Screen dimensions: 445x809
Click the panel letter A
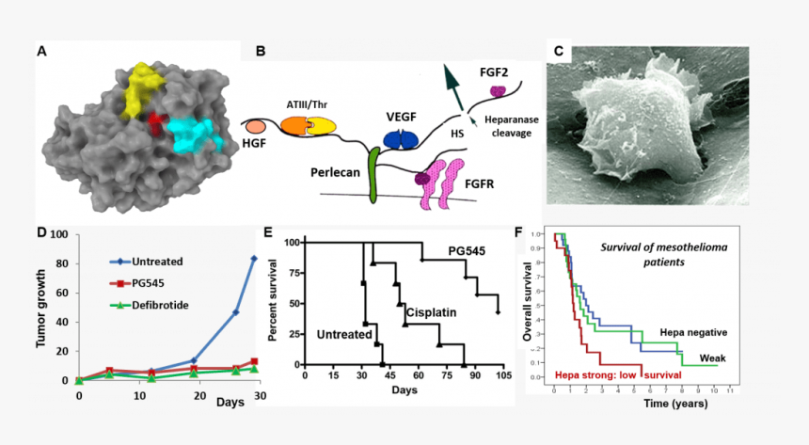(42, 51)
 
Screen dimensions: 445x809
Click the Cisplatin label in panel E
(434, 309)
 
